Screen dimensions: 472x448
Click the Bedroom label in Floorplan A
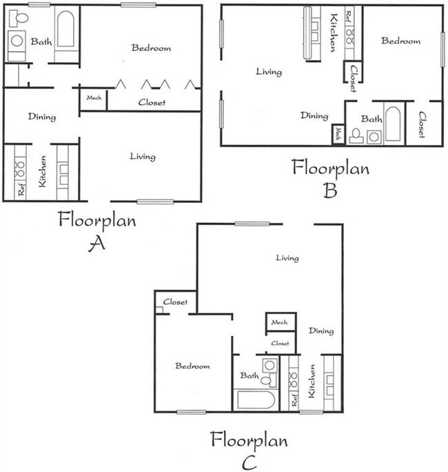[x=151, y=48]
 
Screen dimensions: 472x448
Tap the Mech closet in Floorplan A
[x=94, y=98]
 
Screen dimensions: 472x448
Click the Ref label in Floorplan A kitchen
[x=21, y=188]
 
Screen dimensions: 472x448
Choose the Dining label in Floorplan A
[x=42, y=117]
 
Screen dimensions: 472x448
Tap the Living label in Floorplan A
[x=143, y=157]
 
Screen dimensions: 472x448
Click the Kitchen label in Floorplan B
[x=333, y=32]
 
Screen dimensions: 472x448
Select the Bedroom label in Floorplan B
[x=401, y=41]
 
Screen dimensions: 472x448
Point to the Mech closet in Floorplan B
[x=338, y=134]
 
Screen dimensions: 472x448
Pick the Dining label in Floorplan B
[x=314, y=116]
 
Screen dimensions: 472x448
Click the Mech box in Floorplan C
[x=279, y=322]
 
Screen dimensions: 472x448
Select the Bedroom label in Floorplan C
[x=192, y=366]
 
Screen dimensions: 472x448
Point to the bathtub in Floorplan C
[x=256, y=400]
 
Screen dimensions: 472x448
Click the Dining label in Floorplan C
[x=320, y=331]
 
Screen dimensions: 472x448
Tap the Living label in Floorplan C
[x=287, y=258]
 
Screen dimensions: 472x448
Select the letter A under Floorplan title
[x=97, y=244]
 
